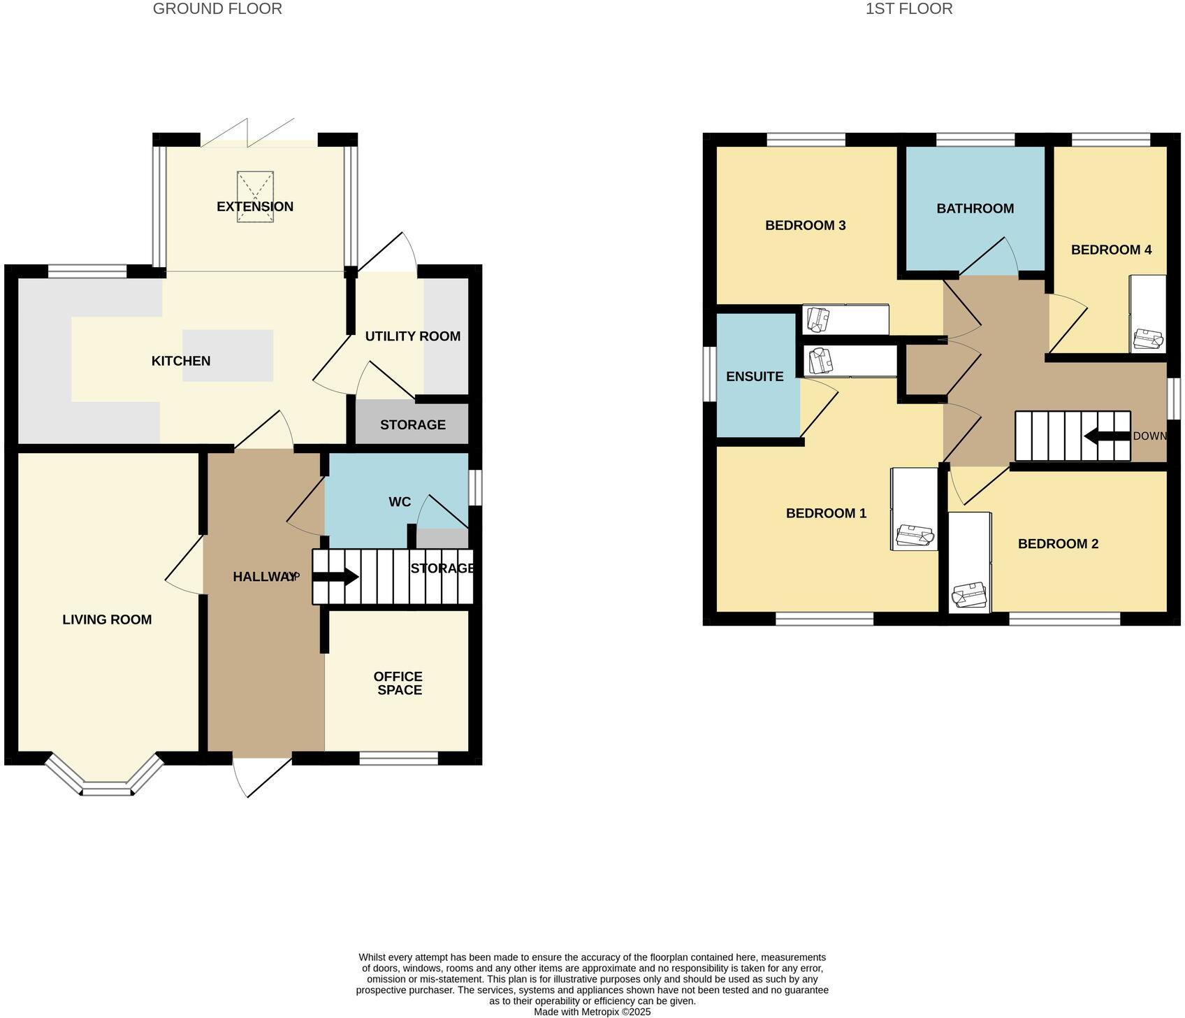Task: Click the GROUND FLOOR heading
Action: [x=217, y=9]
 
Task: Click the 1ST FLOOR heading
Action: [x=908, y=9]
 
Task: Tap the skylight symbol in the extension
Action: [x=255, y=196]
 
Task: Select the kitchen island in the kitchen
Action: [x=228, y=355]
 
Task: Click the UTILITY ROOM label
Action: [x=412, y=336]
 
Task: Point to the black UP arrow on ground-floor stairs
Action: [x=335, y=578]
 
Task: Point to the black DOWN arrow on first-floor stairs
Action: [x=1106, y=436]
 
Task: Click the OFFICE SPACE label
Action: [x=398, y=683]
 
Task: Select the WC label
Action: [x=400, y=502]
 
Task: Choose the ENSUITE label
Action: [x=755, y=377]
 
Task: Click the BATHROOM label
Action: [x=975, y=208]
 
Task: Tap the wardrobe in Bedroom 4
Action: [x=1147, y=314]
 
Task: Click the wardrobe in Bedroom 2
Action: [x=969, y=563]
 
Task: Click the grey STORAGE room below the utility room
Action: [x=412, y=424]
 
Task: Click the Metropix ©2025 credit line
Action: [x=592, y=1012]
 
